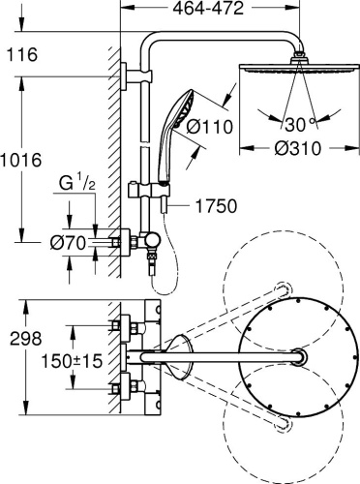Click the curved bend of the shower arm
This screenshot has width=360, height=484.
click(x=155, y=46)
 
